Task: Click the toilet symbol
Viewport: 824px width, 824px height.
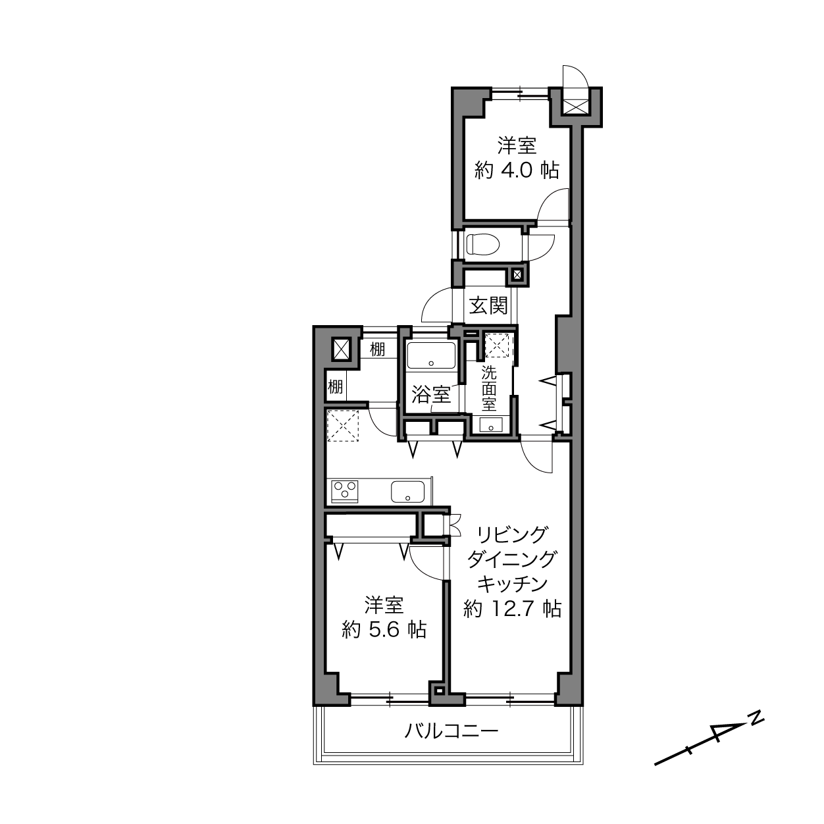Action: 484,245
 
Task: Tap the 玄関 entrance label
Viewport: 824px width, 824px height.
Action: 489,306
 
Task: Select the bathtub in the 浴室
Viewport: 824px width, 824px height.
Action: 431,355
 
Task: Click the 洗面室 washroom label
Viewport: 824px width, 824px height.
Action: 489,388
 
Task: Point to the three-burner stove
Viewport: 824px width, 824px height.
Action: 345,492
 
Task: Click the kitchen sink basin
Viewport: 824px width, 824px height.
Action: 407,492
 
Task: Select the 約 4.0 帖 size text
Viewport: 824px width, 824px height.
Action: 517,170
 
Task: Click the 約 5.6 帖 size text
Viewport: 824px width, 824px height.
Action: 384,630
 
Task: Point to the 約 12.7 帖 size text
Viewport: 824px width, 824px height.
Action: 512,609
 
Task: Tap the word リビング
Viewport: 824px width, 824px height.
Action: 512,534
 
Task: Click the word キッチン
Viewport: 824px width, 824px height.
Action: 512,584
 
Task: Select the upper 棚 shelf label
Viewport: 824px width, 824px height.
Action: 378,349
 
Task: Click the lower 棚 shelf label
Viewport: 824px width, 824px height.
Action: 335,388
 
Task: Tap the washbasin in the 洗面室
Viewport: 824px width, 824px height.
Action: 490,425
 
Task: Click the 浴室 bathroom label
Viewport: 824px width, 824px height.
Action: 431,395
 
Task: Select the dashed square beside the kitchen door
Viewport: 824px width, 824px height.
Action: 343,425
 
